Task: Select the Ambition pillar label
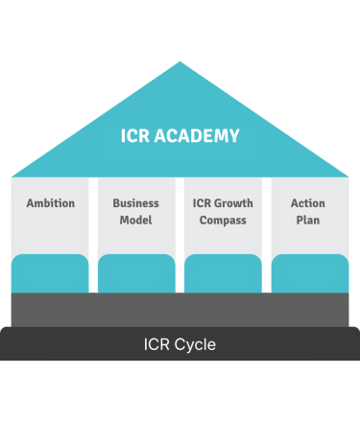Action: pyautogui.click(x=50, y=203)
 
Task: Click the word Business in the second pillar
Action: pyautogui.click(x=136, y=203)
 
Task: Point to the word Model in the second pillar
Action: pyautogui.click(x=136, y=220)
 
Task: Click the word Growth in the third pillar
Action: pyautogui.click(x=233, y=203)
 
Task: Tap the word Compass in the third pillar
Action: pyautogui.click(x=223, y=220)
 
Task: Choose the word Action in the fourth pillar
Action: pyautogui.click(x=308, y=203)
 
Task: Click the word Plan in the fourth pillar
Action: pyautogui.click(x=308, y=220)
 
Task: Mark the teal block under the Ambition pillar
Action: pyautogui.click(x=50, y=273)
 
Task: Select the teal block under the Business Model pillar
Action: pyautogui.click(x=136, y=273)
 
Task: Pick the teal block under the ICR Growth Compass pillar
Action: pyautogui.click(x=223, y=273)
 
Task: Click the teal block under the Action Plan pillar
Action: pyautogui.click(x=309, y=273)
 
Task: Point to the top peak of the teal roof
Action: pyautogui.click(x=180, y=63)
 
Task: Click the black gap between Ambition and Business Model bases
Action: pyautogui.click(x=93, y=285)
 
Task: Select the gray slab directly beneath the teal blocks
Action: pyautogui.click(x=180, y=309)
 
